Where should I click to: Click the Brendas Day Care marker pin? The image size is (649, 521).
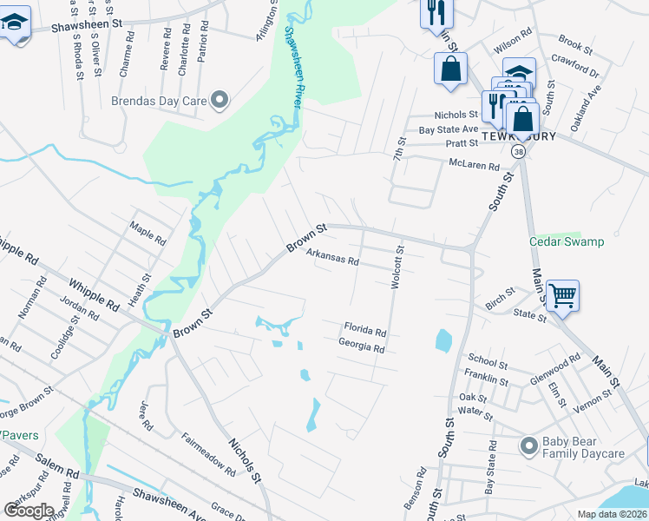tap(220, 101)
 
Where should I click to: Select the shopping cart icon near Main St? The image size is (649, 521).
tap(562, 297)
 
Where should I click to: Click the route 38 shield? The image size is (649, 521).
tap(519, 151)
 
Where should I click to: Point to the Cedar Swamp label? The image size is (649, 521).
tap(567, 241)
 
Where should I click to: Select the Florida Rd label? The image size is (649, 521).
tap(364, 330)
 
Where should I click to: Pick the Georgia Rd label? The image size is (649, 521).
tap(361, 346)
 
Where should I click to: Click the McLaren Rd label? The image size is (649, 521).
tap(474, 164)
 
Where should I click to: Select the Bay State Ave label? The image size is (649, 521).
tap(448, 129)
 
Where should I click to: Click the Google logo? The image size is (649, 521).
tap(29, 511)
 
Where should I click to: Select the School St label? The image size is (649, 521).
tap(488, 361)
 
